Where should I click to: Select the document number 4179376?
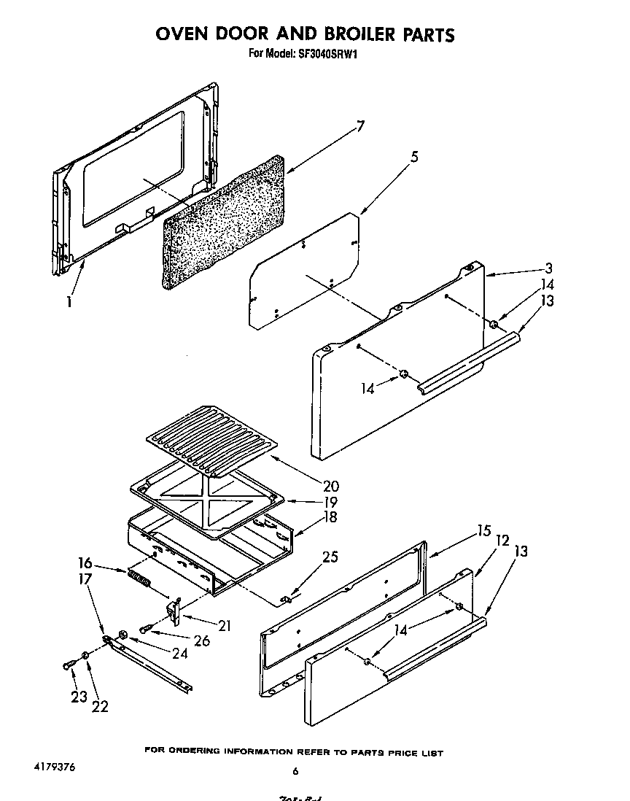tap(54, 768)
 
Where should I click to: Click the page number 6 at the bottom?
tap(295, 772)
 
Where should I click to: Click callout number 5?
tap(414, 156)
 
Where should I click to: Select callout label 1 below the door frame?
tap(69, 301)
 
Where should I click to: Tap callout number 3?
tap(548, 268)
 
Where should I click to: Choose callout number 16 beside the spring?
tap(85, 562)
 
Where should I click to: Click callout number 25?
tap(330, 557)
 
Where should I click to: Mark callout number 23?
tap(79, 697)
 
